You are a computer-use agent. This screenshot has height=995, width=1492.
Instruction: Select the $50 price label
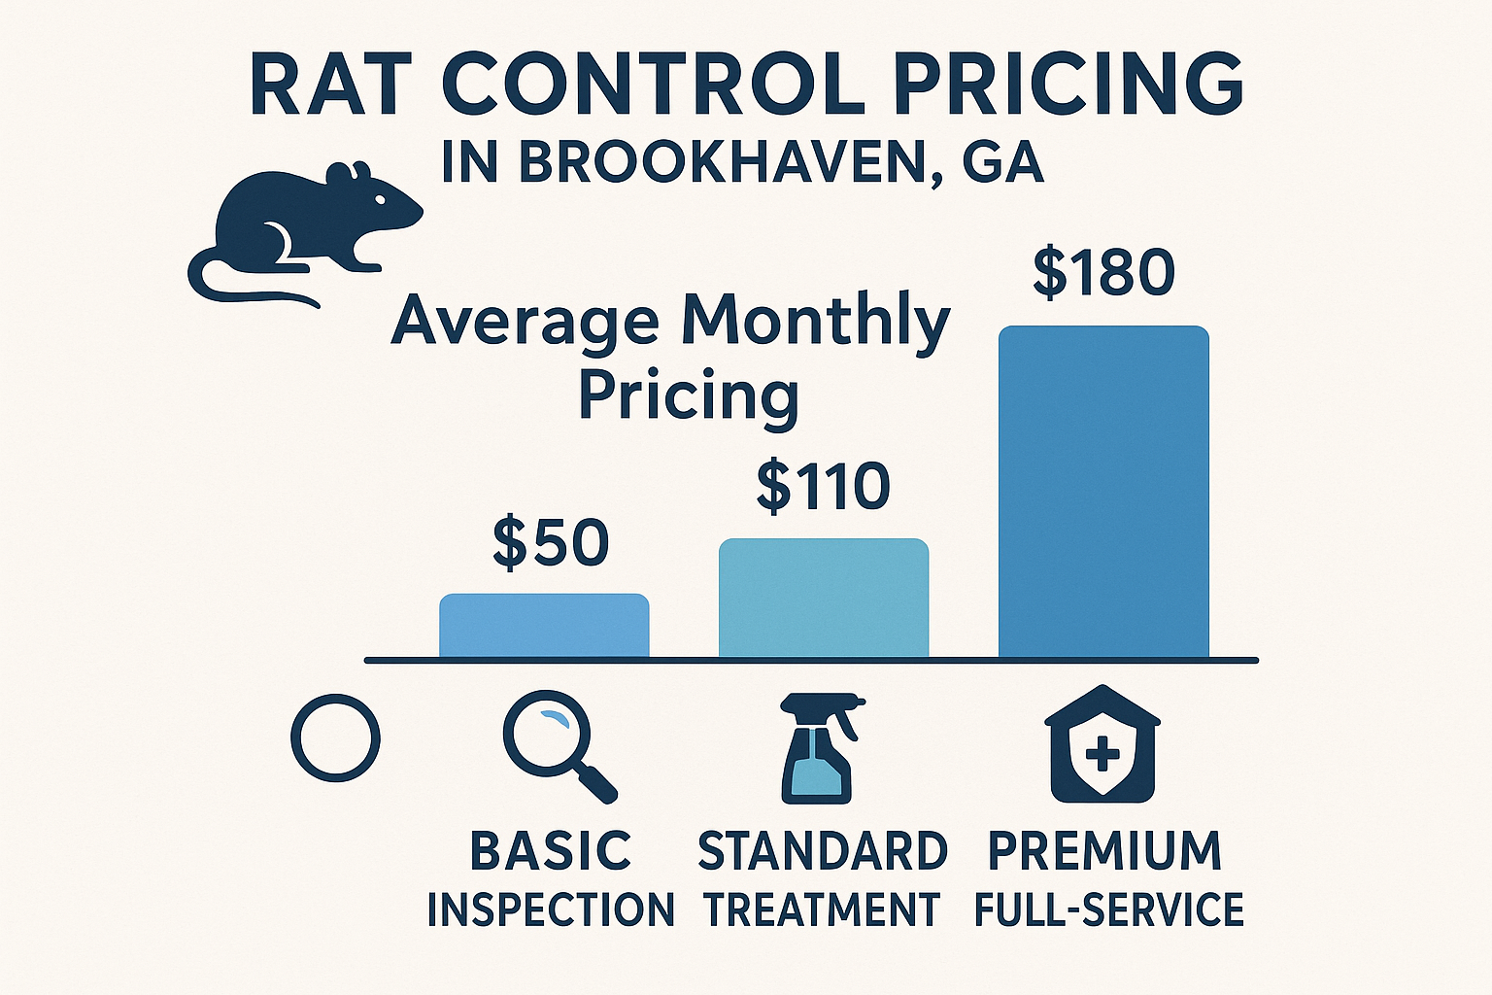click(551, 543)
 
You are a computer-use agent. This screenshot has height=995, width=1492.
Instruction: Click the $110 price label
click(823, 487)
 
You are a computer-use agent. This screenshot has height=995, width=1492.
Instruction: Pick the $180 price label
click(1103, 273)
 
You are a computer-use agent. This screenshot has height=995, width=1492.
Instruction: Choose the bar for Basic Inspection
click(544, 626)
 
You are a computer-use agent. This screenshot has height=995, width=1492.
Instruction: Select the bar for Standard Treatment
click(824, 599)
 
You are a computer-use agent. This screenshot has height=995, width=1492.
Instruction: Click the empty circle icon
click(335, 738)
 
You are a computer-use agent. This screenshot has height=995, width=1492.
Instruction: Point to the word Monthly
click(816, 322)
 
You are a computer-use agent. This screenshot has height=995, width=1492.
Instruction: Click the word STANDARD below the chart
click(823, 852)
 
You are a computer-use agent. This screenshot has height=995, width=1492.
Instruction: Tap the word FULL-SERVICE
click(1108, 910)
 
